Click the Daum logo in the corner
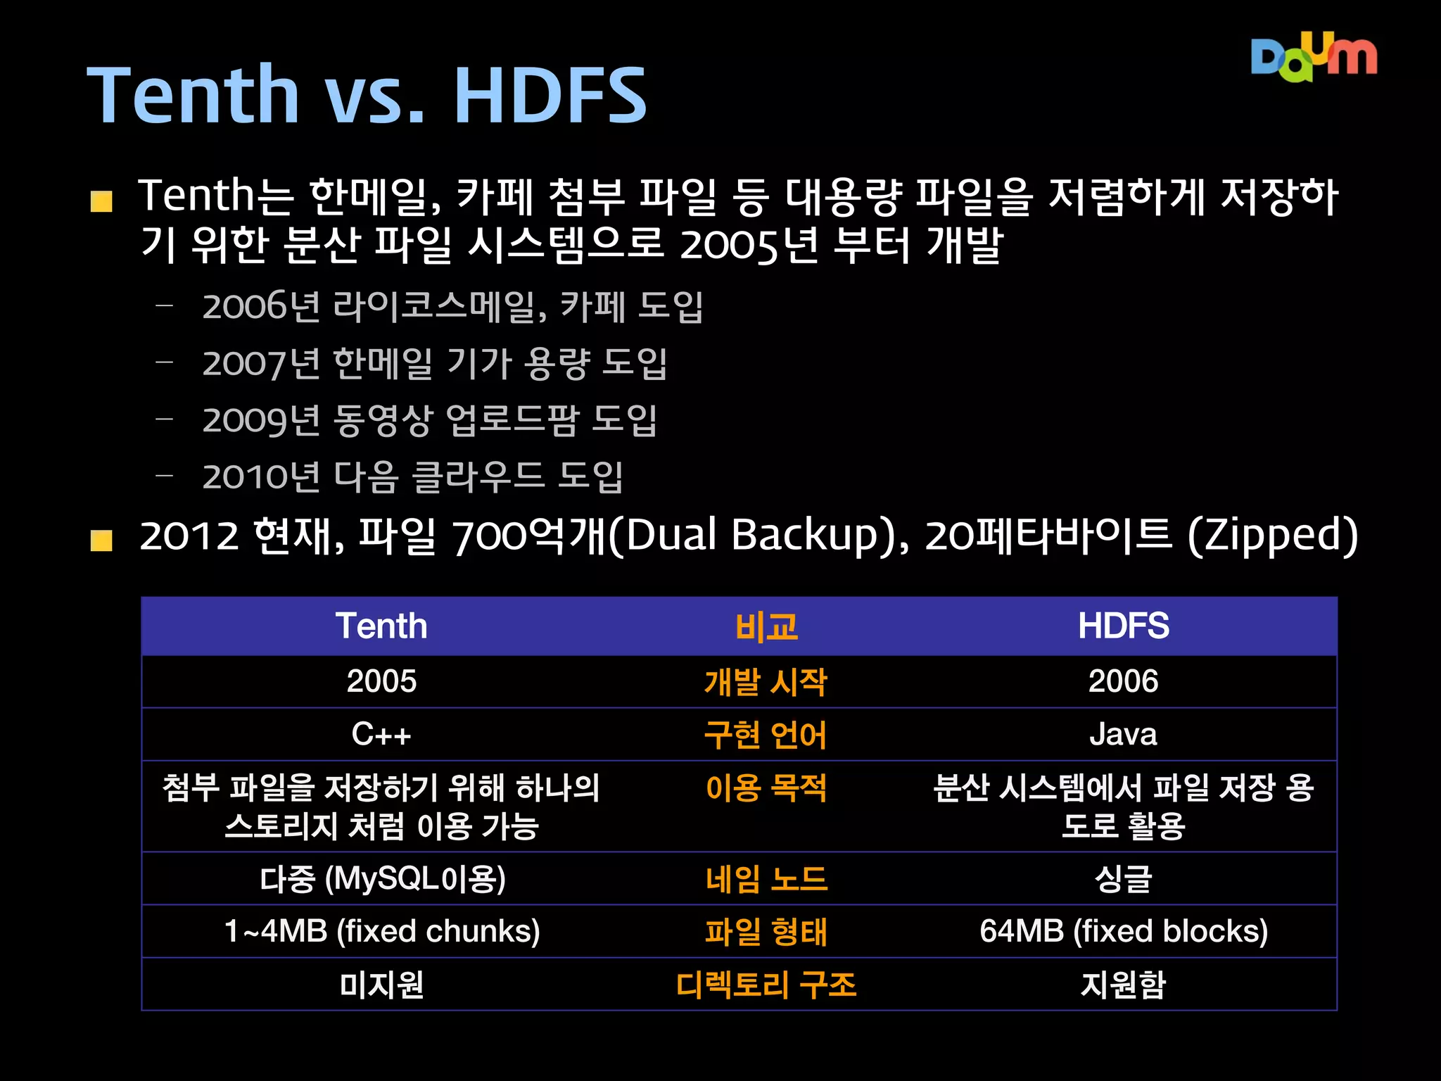click(x=1313, y=58)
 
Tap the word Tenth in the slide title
click(x=193, y=95)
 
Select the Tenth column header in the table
click(x=381, y=626)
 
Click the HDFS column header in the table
click(x=1124, y=626)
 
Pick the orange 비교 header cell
click(x=766, y=626)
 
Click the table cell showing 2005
click(x=381, y=681)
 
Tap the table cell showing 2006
click(x=1124, y=681)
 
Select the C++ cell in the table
click(x=381, y=735)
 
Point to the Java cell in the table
click(x=1124, y=735)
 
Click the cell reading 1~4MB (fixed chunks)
click(x=381, y=931)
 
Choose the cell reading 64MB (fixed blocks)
click(x=1124, y=931)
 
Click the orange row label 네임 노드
click(x=766, y=879)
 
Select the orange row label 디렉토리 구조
click(x=766, y=985)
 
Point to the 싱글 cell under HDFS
click(x=1124, y=879)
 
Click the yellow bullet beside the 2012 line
click(x=101, y=540)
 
